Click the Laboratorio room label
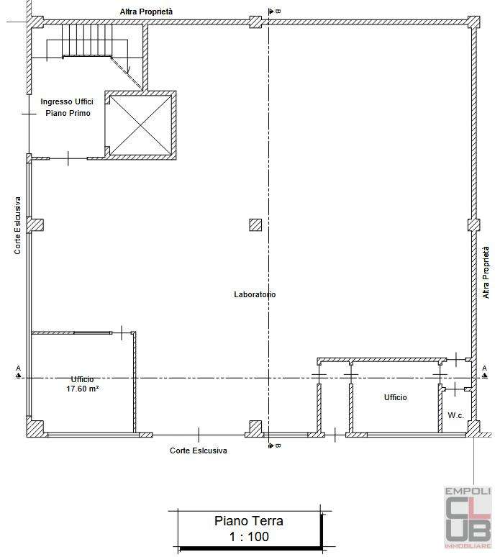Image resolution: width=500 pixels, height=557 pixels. point(255,294)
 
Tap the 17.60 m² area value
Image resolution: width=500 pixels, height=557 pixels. point(83,389)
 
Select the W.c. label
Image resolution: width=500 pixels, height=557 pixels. point(455,415)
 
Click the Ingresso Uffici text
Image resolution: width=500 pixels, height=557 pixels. point(67,101)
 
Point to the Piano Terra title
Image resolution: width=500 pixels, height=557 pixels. point(249,521)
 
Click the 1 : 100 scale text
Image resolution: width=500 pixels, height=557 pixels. point(249,536)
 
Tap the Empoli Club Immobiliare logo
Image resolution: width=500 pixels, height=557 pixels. point(468,517)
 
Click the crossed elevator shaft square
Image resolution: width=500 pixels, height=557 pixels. point(140,125)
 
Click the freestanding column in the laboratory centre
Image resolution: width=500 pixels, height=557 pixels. point(255,225)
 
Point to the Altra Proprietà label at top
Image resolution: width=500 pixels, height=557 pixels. point(146,12)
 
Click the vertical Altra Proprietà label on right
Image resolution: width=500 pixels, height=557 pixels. point(486,273)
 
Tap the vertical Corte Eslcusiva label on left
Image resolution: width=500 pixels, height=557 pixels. point(17,225)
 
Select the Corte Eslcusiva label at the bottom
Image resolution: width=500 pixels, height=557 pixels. point(198,450)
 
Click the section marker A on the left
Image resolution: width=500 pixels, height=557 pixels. point(19,371)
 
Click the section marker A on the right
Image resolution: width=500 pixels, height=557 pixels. point(485,371)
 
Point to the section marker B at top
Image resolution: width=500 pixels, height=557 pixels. point(275,12)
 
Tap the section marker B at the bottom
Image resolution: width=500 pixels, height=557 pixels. point(275,445)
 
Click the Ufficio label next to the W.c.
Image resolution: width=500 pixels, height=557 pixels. point(395,397)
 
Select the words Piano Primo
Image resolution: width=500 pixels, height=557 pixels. point(68,113)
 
